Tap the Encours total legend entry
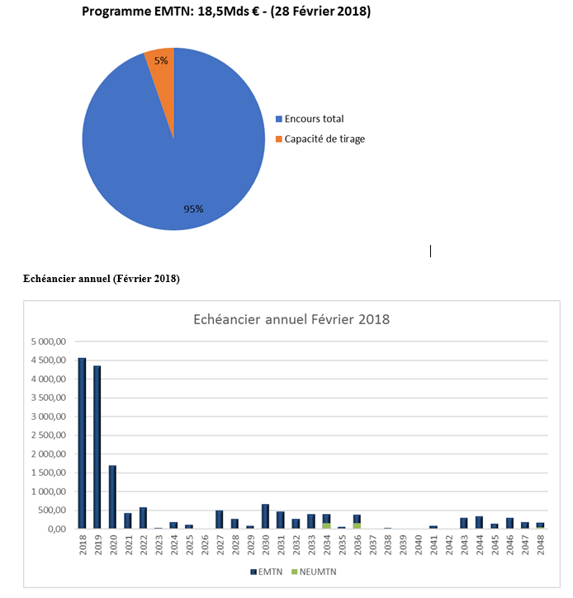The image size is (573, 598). coord(310,119)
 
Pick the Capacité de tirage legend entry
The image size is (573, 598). coord(320,139)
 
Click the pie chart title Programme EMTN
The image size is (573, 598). coord(226,11)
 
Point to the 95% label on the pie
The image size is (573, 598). coord(193,209)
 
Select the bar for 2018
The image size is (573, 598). coord(82,443)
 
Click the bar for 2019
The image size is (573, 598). coord(97,447)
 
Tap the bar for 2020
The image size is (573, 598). coord(112,497)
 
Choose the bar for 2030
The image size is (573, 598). coord(265,516)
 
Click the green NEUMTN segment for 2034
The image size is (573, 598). coord(326,525)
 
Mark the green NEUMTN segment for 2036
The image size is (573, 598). coord(357,525)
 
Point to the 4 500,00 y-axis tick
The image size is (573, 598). coord(49,360)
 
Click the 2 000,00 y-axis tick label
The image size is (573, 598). coord(49,454)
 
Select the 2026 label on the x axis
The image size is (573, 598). coord(205,544)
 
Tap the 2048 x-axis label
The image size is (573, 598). coord(541,544)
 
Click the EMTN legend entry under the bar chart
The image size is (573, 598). coord(267,572)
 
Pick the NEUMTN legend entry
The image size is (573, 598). coord(314,572)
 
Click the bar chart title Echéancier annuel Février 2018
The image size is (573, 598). coord(291,319)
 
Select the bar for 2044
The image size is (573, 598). coord(479,522)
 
